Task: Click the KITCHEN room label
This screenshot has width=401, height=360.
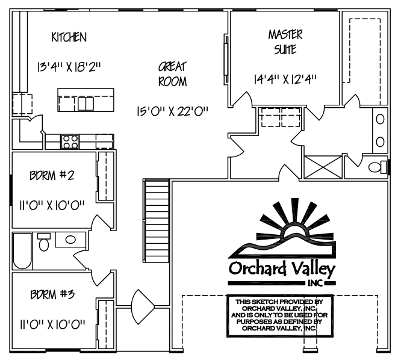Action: [69, 37]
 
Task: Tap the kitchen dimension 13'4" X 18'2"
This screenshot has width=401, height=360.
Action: [69, 67]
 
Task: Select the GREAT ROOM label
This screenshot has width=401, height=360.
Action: [173, 74]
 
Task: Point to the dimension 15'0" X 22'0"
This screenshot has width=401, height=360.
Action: [173, 111]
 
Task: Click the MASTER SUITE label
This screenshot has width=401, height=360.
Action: [285, 42]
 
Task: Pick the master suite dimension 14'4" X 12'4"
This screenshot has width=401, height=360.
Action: [285, 79]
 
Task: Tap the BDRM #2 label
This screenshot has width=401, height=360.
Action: [52, 176]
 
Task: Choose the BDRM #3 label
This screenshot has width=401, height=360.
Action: [52, 294]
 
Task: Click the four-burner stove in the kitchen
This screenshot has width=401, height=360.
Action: [70, 141]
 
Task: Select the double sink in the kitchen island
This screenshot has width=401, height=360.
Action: [85, 104]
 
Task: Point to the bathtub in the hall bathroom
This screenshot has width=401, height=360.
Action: [22, 251]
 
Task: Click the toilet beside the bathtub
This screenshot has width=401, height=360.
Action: [44, 241]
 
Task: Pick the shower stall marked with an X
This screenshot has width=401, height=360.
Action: [323, 167]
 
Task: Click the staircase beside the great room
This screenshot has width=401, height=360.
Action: [156, 221]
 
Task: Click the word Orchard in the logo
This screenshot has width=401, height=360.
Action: [257, 269]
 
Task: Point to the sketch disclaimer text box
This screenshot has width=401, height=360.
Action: [280, 316]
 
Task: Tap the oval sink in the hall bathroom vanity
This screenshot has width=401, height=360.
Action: [70, 240]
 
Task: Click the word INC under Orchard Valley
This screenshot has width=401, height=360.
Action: [315, 284]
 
